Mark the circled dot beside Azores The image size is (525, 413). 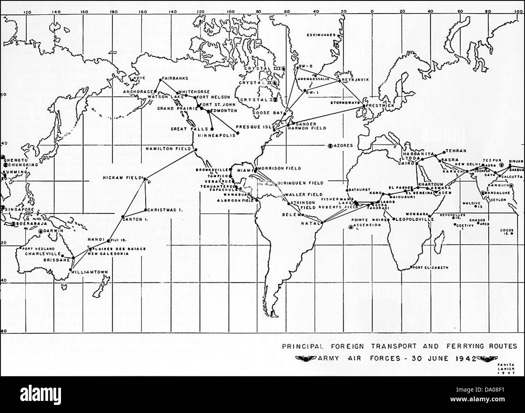point(330,145)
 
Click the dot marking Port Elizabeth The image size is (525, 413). point(411,267)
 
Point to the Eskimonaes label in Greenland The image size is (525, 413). point(321,35)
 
